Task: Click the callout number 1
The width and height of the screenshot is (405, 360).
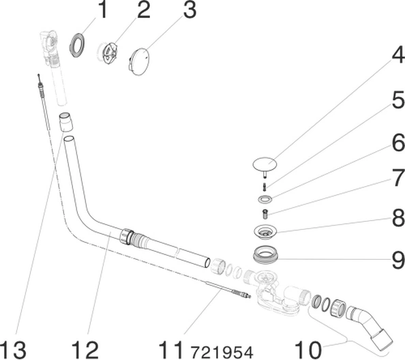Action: [103, 10]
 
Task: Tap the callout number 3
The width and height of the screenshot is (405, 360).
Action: [190, 10]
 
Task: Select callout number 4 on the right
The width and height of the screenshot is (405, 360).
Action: [398, 55]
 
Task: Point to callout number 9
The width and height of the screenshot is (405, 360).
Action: [398, 260]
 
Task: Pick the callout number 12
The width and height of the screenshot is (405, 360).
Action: [85, 349]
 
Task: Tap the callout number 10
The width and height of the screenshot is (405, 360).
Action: [308, 349]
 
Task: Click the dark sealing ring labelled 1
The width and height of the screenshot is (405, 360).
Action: [76, 45]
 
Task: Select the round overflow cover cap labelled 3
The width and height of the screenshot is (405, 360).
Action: [138, 61]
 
